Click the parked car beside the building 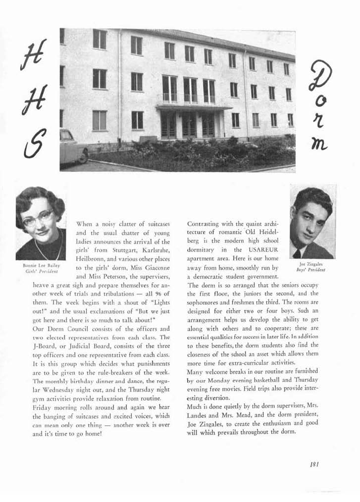[x=72, y=147]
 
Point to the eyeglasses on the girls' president [x=38, y=217]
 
